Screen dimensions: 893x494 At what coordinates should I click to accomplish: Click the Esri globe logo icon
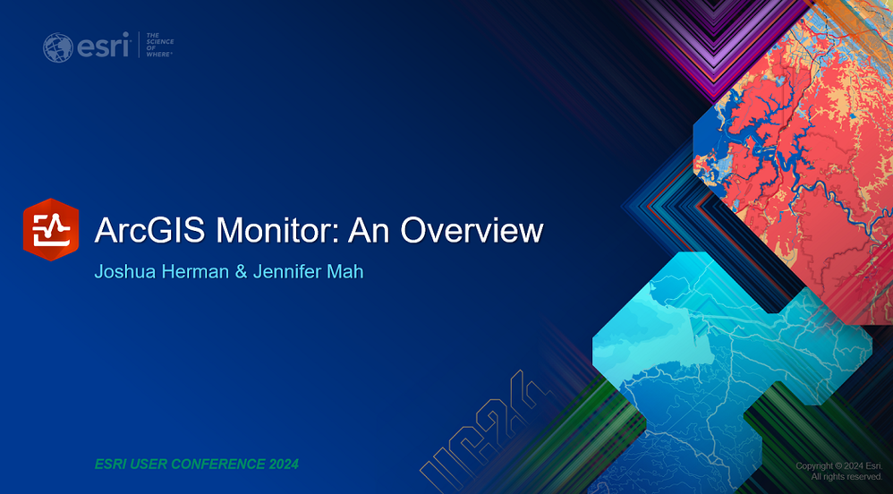click(x=57, y=47)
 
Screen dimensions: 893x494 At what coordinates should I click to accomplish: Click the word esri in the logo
click(x=103, y=47)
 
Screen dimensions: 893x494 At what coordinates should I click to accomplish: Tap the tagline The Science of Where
click(x=159, y=45)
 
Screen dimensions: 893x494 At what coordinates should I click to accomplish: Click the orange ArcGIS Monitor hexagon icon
click(x=51, y=230)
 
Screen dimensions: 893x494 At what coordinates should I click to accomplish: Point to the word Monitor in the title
click(x=277, y=230)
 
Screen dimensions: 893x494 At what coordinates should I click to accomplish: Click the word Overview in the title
click(x=472, y=230)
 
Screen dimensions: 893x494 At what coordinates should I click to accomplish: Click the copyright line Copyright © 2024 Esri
click(x=839, y=466)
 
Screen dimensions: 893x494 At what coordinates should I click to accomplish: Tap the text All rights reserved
click(x=846, y=476)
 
